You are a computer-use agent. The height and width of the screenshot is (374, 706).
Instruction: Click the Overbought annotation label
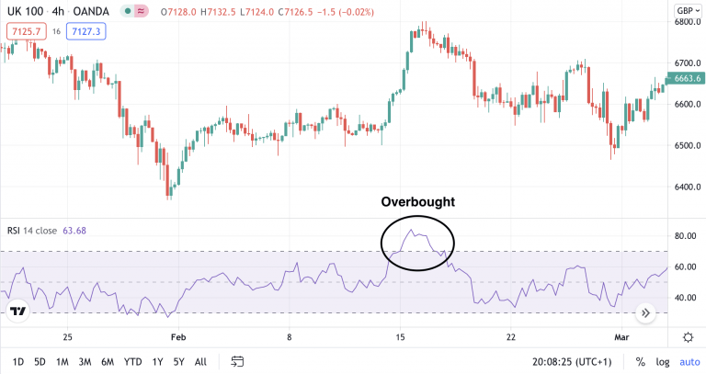click(417, 201)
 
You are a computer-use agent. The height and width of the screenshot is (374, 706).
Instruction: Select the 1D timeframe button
click(18, 361)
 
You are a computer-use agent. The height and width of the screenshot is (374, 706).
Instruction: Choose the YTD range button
click(132, 361)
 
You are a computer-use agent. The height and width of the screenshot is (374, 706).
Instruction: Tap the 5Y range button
click(179, 361)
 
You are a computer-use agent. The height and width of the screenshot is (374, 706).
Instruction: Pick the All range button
click(200, 361)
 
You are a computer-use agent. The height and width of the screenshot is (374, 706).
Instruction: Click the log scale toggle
click(663, 361)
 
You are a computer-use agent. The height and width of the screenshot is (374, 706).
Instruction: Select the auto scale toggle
click(689, 361)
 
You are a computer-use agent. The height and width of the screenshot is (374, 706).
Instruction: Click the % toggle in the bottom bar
click(640, 361)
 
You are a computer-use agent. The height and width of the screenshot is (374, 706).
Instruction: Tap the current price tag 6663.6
click(688, 79)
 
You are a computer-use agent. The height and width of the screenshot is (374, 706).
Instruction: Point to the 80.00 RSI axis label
click(685, 236)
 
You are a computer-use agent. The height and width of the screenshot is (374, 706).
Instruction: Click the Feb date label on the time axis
click(177, 337)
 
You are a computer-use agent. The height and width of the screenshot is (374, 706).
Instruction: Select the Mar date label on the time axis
click(621, 337)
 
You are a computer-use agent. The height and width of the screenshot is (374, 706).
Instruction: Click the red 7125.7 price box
click(24, 32)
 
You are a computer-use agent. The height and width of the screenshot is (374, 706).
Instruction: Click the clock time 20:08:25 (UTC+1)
click(578, 361)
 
